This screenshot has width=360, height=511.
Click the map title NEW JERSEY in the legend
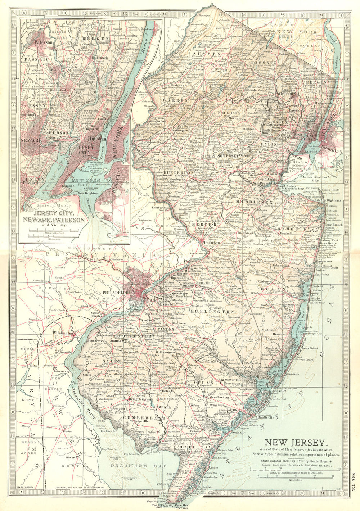pos(296,443)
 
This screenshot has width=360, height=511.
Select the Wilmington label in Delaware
pos(63,333)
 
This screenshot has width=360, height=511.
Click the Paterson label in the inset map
pos(43,42)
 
